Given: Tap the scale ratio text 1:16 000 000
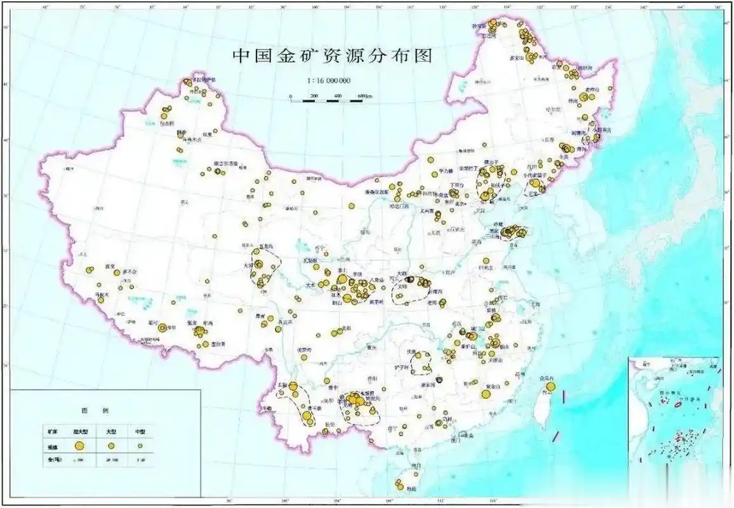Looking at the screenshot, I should [x=329, y=81].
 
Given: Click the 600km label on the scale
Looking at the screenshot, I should [x=364, y=95].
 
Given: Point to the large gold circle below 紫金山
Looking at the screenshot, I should [x=486, y=394].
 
